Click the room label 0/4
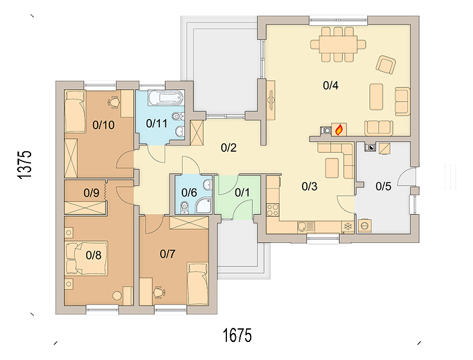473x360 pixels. pos(330,86)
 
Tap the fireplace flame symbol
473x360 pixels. pos(339,130)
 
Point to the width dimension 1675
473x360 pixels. pos(236,335)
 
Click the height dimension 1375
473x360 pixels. pos(24,165)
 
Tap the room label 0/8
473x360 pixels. pos(93,255)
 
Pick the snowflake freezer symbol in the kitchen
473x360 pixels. pos(348,226)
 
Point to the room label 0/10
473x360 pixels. pos(103,125)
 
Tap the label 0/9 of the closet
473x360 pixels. pos(91,192)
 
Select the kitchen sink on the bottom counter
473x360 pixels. pos(305,226)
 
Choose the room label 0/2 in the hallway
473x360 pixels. pos(229,148)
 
